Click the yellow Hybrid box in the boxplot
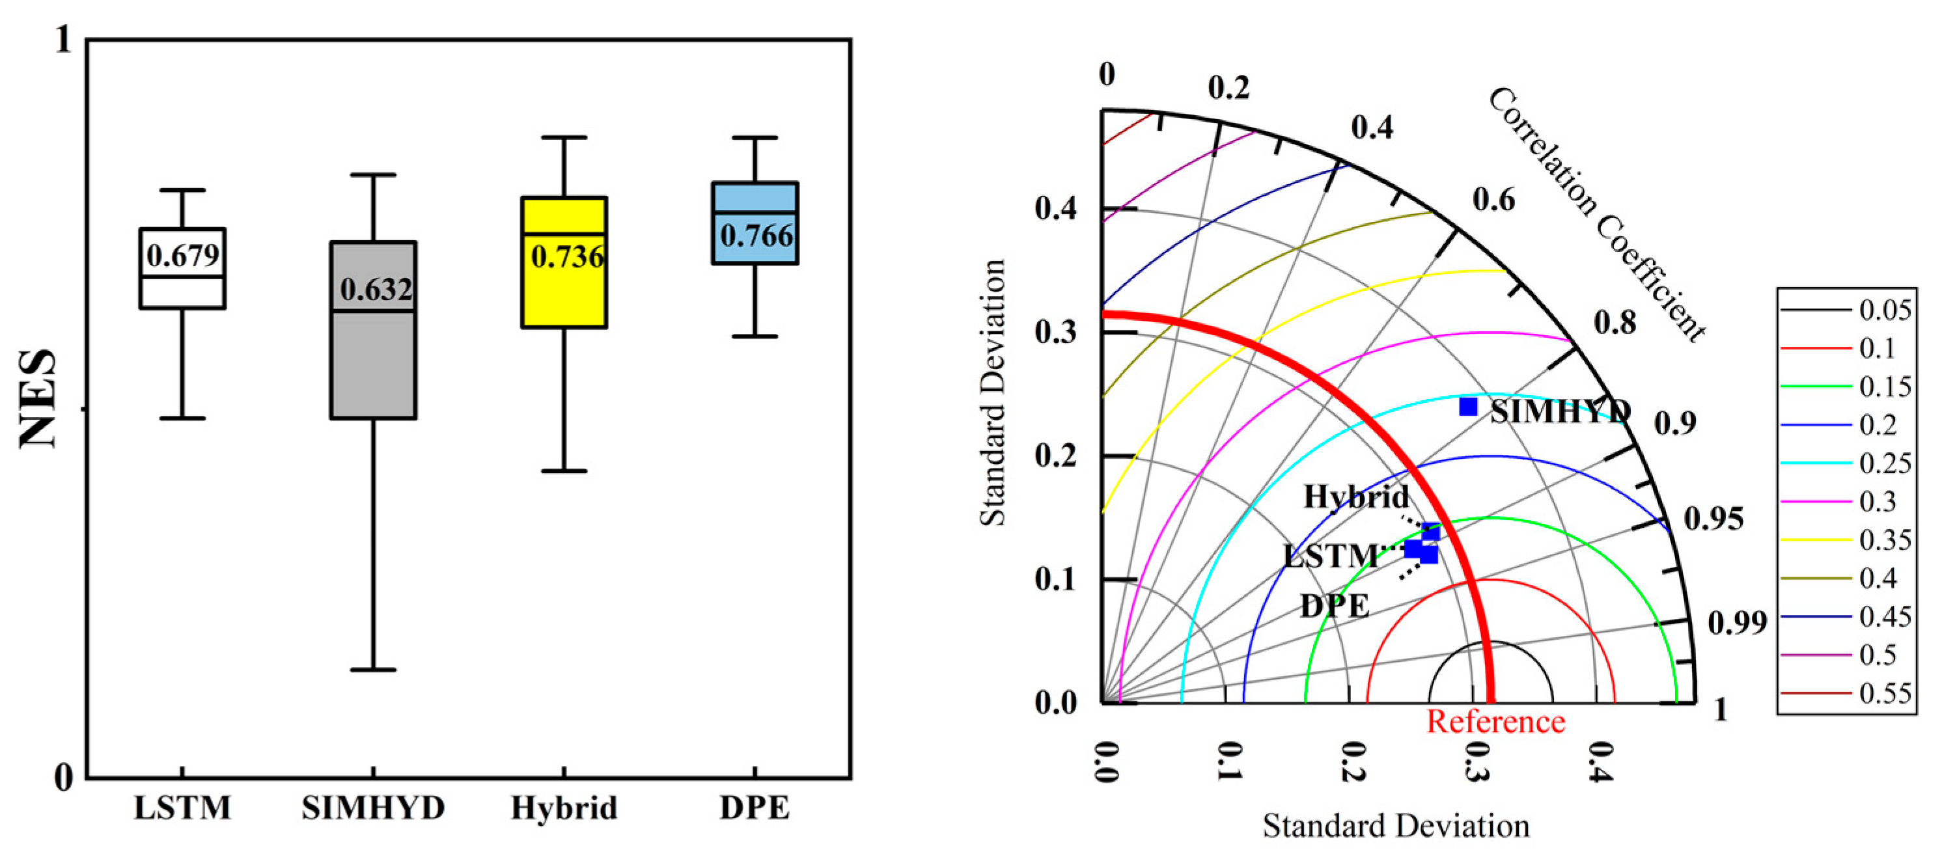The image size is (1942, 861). pos(564,294)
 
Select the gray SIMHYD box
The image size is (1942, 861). pos(373,362)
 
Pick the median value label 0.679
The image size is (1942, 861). pos(183,256)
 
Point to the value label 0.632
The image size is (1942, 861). pos(376,290)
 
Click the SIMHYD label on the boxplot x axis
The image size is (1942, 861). pos(373,808)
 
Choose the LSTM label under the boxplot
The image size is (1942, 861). pos(182,808)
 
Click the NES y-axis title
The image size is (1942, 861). pos(38,399)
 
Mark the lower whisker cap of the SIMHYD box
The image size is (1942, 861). pos(373,670)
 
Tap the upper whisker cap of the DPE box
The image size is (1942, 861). pos(755,138)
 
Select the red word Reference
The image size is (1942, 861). pos(1495,722)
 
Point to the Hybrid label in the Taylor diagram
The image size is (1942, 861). pos(1356,497)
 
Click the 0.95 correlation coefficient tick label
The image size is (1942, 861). pos(1713,519)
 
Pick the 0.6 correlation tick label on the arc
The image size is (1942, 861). pos(1493,200)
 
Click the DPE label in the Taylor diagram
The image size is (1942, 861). pos(1335,606)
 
